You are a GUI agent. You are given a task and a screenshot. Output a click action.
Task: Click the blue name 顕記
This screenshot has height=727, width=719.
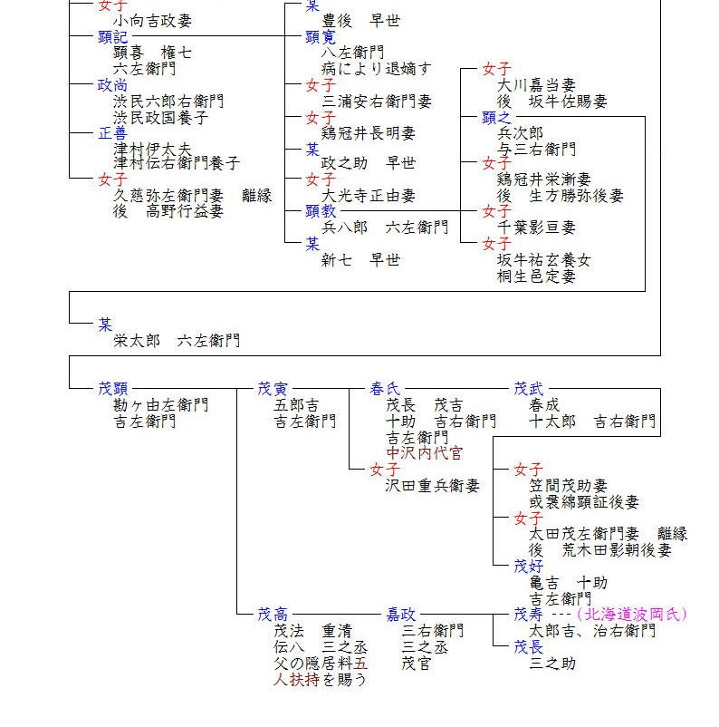click(113, 37)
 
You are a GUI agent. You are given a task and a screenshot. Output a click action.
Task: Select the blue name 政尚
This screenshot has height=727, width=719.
click(113, 85)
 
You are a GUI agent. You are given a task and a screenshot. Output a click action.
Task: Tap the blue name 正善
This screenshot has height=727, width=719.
click(113, 133)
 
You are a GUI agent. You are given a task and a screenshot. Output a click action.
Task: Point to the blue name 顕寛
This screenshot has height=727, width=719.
click(321, 37)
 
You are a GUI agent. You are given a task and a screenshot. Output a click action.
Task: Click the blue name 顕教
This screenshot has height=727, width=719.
click(321, 211)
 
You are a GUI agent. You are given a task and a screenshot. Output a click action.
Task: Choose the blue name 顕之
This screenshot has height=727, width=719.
click(497, 117)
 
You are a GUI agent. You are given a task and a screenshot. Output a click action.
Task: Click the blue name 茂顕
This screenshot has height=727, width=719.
click(113, 389)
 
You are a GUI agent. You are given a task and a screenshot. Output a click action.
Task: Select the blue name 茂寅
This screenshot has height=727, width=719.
click(273, 389)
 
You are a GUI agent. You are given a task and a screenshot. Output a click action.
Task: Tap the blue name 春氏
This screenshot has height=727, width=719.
click(385, 389)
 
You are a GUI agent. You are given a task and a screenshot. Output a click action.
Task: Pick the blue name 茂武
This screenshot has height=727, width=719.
click(529, 389)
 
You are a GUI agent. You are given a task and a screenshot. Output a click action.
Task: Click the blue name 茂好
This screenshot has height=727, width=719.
click(529, 566)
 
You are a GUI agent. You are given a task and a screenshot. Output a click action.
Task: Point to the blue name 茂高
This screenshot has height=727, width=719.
click(273, 615)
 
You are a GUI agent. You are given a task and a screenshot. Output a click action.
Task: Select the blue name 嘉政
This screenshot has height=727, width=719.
click(402, 615)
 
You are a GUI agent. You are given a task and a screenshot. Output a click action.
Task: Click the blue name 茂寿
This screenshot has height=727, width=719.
click(529, 615)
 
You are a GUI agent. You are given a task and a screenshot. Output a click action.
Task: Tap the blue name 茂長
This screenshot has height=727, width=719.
click(529, 647)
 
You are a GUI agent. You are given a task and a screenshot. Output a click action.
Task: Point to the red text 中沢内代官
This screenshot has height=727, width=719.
click(425, 453)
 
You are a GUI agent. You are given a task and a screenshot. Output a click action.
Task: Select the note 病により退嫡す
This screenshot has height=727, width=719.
click(377, 69)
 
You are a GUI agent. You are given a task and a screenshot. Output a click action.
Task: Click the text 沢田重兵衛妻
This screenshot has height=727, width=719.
click(433, 486)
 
